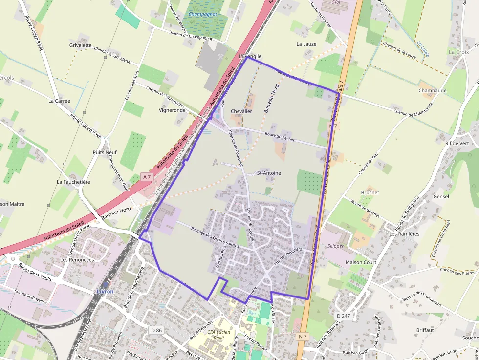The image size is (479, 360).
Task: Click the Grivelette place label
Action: (x=80, y=45)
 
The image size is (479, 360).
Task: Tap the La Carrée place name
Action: (x=59, y=101)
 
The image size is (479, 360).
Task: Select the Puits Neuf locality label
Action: (x=105, y=152)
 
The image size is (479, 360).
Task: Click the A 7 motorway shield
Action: (x=146, y=176)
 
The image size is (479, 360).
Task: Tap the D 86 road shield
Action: (x=156, y=330)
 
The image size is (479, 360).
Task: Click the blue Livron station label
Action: (x=105, y=292)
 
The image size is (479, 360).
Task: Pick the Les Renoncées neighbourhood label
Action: (x=77, y=260)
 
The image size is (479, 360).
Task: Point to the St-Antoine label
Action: (x=269, y=173)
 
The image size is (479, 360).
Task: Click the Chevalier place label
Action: (x=241, y=111)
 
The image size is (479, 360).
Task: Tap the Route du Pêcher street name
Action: (x=280, y=138)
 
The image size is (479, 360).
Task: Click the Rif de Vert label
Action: (x=457, y=143)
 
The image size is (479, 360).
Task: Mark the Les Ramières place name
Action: (x=404, y=234)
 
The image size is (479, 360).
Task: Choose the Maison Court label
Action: (x=361, y=262)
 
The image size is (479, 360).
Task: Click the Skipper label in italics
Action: (x=335, y=246)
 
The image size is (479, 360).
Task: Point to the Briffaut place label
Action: (x=425, y=330)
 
